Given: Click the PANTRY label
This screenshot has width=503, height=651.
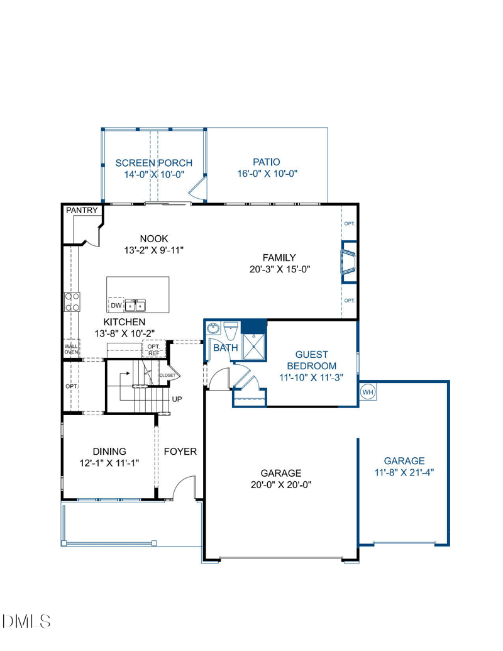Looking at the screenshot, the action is click(x=82, y=211).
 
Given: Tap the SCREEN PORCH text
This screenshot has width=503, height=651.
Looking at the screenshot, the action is click(x=154, y=163).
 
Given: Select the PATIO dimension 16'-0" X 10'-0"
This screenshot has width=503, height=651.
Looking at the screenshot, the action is click(x=267, y=174).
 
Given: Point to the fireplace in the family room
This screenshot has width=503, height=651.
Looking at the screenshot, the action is click(x=348, y=262).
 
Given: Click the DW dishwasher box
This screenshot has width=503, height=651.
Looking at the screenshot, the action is click(x=116, y=305).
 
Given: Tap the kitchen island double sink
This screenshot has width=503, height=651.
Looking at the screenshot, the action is click(x=135, y=305).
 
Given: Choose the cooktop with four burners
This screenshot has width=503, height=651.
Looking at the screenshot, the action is click(x=72, y=302).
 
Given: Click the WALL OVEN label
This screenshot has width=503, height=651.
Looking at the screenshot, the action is click(x=71, y=348).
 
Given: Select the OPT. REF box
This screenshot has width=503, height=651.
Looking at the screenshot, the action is click(x=154, y=349).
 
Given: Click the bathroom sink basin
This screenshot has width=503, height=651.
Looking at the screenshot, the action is click(x=214, y=328).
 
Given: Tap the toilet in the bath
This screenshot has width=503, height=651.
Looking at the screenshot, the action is click(x=231, y=330).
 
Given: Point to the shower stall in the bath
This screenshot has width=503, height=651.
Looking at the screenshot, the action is click(x=255, y=346).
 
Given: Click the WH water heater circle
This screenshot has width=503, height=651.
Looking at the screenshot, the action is click(x=368, y=392).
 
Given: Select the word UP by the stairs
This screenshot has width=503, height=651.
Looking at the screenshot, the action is click(x=177, y=399).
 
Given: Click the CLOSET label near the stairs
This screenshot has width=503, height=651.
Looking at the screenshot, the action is click(x=168, y=376).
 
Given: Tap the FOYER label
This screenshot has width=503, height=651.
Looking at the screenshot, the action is click(x=180, y=452).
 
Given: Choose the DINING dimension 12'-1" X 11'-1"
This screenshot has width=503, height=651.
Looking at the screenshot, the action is click(x=109, y=463).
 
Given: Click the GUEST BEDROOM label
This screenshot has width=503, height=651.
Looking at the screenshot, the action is click(x=312, y=360).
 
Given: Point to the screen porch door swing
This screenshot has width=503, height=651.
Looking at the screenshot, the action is click(x=199, y=188).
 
